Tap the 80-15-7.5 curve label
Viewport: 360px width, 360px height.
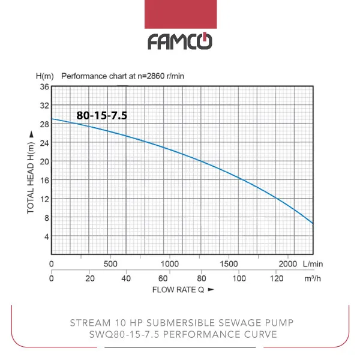(x=101, y=115)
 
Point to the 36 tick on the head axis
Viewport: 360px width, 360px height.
(x=44, y=87)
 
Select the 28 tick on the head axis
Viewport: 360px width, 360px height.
(x=44, y=124)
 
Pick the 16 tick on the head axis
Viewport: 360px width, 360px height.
(x=44, y=180)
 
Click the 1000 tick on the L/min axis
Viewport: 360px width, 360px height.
(x=170, y=264)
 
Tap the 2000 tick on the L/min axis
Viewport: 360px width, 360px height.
(x=289, y=264)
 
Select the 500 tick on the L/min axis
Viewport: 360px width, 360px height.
(x=111, y=264)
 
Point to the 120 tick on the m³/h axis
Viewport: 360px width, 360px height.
(x=277, y=278)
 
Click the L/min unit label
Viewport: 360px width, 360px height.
(x=313, y=264)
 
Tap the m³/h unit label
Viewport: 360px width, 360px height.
(x=312, y=278)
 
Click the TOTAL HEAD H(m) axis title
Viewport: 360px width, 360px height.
(x=31, y=173)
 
